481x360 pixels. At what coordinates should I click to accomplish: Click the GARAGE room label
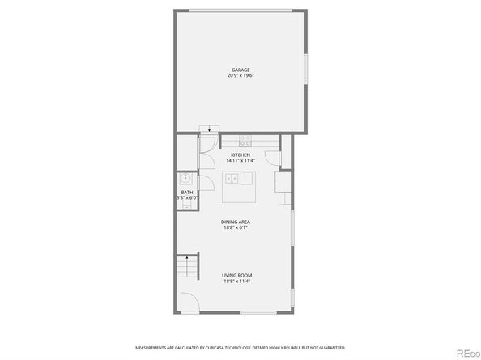[240, 70]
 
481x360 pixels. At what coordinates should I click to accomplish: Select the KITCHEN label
[240, 155]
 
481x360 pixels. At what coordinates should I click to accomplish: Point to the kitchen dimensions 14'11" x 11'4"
[240, 160]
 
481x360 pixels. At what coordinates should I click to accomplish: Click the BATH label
[187, 192]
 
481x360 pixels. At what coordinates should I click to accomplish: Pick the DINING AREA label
[236, 222]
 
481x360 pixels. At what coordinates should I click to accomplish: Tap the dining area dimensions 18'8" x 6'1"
[236, 227]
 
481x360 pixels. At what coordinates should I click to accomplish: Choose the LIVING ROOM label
[236, 276]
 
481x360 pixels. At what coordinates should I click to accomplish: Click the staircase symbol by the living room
[188, 266]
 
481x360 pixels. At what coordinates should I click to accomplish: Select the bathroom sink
[185, 179]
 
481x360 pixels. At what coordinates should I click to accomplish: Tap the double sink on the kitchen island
[232, 179]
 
